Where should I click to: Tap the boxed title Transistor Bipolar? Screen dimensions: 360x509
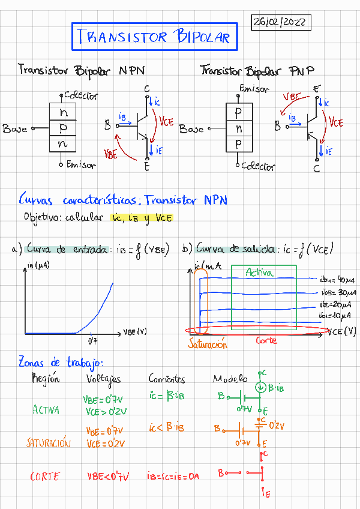click(x=154, y=37)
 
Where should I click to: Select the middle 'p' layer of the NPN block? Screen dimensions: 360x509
click(x=62, y=128)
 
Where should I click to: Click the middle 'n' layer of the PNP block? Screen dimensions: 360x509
click(x=239, y=128)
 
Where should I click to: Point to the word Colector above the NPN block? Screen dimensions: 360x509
click(x=80, y=95)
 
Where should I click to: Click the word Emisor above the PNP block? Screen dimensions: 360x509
click(x=254, y=89)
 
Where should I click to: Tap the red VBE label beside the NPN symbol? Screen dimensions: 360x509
click(x=110, y=154)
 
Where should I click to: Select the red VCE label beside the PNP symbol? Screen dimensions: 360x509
click(x=335, y=122)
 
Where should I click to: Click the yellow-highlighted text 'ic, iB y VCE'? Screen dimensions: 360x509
click(x=142, y=218)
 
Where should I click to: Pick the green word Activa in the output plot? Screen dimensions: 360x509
click(x=259, y=273)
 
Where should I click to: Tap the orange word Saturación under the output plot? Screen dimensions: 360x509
click(x=208, y=345)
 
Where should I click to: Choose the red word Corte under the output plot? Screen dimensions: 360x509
click(x=266, y=340)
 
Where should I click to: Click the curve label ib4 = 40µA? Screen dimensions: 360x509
click(x=338, y=280)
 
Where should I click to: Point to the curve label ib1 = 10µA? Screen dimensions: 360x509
click(x=337, y=316)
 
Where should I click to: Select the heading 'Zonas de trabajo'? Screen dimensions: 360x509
click(x=61, y=363)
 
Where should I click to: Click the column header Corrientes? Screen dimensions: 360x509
click(x=167, y=379)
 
